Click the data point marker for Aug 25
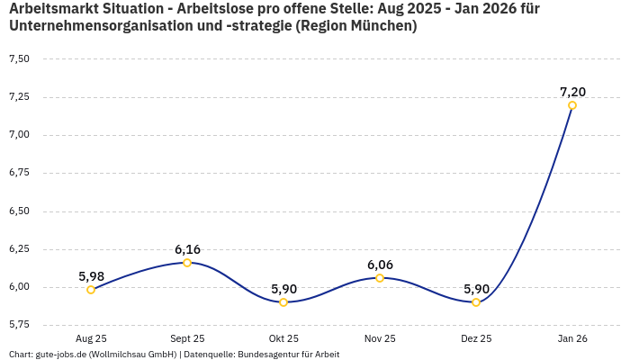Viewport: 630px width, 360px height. pos(91,290)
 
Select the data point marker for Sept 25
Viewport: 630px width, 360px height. pos(187,263)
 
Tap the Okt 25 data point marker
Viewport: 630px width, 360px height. pos(283,302)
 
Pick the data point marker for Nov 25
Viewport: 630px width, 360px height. pos(380,278)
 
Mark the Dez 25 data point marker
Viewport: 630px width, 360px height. pos(476,302)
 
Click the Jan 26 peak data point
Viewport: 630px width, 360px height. pos(572,105)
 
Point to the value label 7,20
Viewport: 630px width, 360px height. pos(572,92)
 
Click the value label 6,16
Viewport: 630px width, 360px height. pos(187,249)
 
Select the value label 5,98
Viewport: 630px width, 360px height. pos(91,276)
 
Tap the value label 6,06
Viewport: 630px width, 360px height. pos(380,265)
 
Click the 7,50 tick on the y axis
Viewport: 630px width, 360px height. pos(19,59)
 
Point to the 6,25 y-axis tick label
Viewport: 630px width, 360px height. pos(19,249)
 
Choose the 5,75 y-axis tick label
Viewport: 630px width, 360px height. pos(19,324)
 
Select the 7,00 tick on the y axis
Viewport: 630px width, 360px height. pos(19,135)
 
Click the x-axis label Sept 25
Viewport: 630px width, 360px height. pos(187,339)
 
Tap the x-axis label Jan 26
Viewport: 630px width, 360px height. pos(572,339)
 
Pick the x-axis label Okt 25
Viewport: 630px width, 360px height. pos(283,339)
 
